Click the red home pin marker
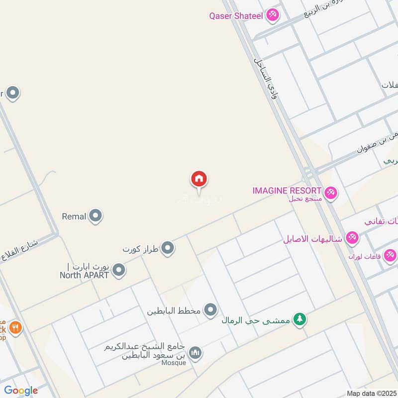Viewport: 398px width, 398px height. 199,179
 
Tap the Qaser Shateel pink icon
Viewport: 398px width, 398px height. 272,15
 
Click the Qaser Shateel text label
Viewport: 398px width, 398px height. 236,15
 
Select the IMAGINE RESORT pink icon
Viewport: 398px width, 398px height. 330,192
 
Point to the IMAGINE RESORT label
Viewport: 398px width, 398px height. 287,190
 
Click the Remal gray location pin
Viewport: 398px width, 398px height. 96,216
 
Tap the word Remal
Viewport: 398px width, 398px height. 74,216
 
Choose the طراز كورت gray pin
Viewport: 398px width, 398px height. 168,247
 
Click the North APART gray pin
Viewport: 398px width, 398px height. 118,270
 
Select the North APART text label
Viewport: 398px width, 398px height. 84,275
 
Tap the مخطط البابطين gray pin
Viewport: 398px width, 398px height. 210,310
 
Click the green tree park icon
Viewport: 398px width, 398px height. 299,319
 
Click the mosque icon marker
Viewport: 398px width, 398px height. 196,352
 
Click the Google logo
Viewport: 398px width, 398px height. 20,391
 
